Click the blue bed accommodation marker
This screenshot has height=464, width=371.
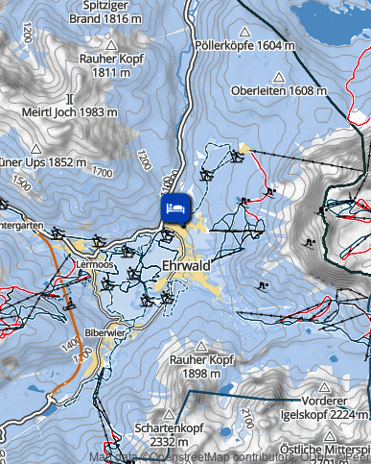coord(175,208)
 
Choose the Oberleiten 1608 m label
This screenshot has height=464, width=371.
coord(280,90)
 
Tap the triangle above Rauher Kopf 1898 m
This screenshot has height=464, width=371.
coord(202,345)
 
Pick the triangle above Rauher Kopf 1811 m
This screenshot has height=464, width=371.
coord(111,44)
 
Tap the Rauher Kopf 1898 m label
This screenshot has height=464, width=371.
coord(202,366)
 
